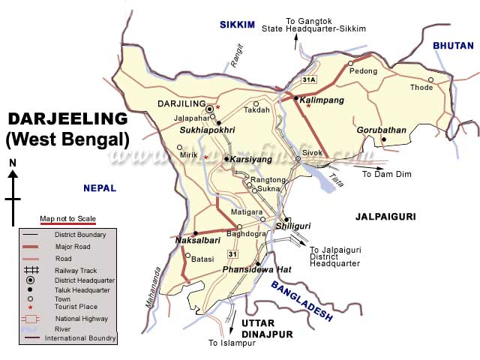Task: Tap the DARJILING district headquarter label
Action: [x=180, y=103]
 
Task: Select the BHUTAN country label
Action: [x=453, y=46]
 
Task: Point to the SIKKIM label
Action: [x=238, y=25]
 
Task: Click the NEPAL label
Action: [x=100, y=188]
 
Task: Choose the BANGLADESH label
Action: [x=301, y=301]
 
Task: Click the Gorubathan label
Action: [x=381, y=130]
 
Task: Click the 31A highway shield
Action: [x=309, y=79]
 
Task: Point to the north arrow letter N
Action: [x=13, y=163]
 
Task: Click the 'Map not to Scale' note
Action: [x=67, y=218]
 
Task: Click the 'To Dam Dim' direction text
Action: [x=388, y=174]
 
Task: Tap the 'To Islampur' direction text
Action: [x=232, y=343]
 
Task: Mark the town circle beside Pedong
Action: [x=350, y=63]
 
